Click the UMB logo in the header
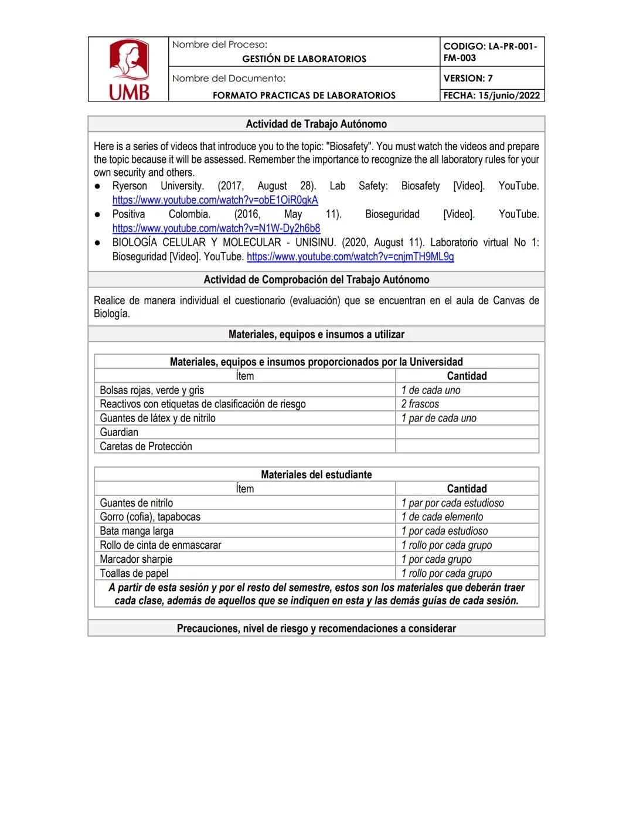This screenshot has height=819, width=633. [129, 69]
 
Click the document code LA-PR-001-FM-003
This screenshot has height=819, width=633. [490, 52]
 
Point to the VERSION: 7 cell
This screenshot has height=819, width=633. [468, 78]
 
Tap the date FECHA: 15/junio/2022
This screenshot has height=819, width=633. [491, 96]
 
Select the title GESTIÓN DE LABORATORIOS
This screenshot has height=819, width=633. [304, 59]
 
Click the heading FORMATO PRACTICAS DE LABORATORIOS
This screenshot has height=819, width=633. [304, 96]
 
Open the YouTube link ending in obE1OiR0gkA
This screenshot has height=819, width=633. [215, 200]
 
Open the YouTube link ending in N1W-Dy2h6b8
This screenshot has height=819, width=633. [216, 228]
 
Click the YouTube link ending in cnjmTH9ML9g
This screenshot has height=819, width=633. [350, 256]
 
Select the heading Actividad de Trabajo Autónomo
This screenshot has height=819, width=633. [316, 124]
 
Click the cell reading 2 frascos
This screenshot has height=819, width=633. [420, 404]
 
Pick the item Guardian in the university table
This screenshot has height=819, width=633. [119, 432]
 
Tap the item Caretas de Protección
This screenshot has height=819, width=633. [146, 446]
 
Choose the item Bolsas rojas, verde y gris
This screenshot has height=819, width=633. [152, 390]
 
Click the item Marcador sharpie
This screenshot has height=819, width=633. [136, 559]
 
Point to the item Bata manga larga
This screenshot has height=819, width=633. [137, 531]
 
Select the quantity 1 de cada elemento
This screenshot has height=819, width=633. [442, 516]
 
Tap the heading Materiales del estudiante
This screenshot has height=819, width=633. [316, 474]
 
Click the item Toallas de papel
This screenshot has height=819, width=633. [134, 573]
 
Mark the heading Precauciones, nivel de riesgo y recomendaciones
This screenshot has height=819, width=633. [316, 628]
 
